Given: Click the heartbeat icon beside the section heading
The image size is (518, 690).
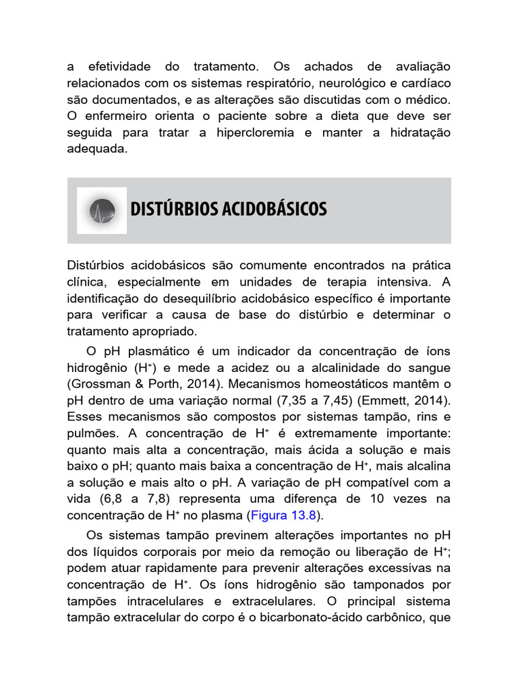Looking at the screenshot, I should (102, 210).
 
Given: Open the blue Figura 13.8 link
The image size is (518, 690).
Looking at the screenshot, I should (283, 515).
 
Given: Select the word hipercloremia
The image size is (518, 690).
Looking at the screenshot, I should (255, 133).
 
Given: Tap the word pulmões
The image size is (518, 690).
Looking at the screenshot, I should (91, 433).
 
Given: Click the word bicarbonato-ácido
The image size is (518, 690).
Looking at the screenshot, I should (296, 617).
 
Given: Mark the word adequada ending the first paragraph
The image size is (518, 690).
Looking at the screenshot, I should (97, 150).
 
